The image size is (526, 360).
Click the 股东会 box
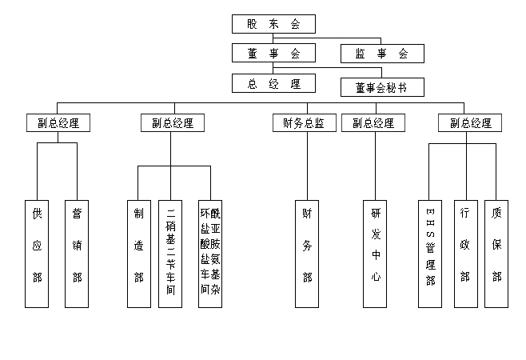point(273,24)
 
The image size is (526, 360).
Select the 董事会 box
point(273,54)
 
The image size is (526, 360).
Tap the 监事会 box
point(381,54)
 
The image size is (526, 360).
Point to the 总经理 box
point(273,83)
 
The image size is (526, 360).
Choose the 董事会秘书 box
point(381,87)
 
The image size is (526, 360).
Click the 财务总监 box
point(304,123)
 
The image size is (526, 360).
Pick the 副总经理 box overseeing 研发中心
point(373,123)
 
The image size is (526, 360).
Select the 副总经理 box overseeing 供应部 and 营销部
point(58,123)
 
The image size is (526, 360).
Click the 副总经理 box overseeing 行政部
point(470,123)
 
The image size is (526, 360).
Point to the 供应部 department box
point(37,253)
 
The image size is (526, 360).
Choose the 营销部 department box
point(77,253)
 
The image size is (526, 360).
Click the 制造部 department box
point(138,253)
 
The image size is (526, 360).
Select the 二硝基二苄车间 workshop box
point(170,253)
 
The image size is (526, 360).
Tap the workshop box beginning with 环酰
point(209,253)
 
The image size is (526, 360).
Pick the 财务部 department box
point(307,253)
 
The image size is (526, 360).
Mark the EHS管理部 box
point(430,253)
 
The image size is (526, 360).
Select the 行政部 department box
point(465,253)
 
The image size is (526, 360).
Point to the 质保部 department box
point(496,253)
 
